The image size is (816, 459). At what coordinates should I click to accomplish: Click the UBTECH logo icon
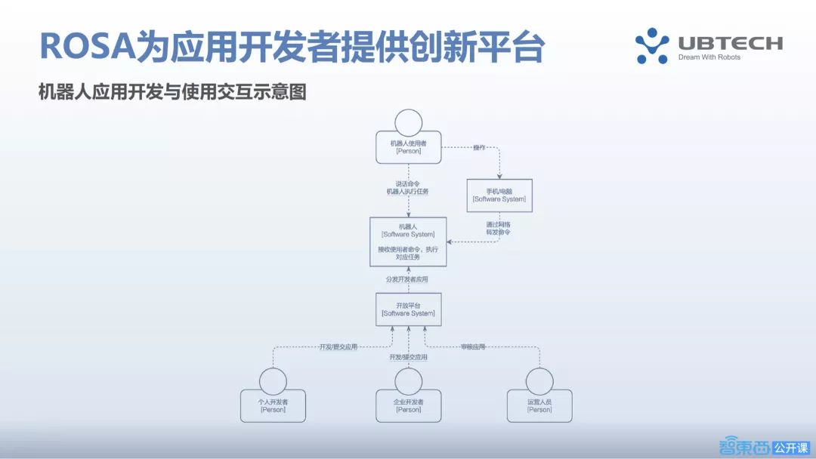[x=651, y=45]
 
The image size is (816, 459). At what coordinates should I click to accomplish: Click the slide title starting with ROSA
[x=291, y=46]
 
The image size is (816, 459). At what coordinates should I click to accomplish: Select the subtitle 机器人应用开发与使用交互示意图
[x=172, y=92]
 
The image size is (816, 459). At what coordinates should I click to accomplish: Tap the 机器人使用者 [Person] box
[x=408, y=146]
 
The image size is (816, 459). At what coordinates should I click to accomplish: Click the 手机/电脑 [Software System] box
[x=499, y=195]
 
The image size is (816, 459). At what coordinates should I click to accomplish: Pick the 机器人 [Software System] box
[x=408, y=242]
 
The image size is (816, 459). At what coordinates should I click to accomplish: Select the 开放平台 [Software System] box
[x=408, y=309]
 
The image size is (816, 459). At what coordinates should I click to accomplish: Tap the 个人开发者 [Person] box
[x=274, y=405]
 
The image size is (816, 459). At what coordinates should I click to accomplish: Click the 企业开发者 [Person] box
[x=409, y=405]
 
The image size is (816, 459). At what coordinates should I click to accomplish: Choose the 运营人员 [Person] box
[x=539, y=405]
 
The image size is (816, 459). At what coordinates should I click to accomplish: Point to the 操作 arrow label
[x=478, y=147]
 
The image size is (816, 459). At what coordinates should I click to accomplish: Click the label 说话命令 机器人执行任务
[x=407, y=188]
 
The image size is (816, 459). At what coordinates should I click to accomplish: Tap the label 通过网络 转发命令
[x=499, y=229]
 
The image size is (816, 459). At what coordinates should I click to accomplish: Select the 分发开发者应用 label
[x=407, y=279]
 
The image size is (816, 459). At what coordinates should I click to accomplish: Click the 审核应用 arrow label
[x=473, y=347]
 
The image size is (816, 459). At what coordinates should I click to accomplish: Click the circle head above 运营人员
[x=539, y=380]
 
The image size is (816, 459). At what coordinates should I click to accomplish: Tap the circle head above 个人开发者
[x=274, y=380]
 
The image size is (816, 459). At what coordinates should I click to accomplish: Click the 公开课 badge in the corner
[x=791, y=446]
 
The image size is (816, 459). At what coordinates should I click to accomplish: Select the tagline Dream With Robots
[x=709, y=57]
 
